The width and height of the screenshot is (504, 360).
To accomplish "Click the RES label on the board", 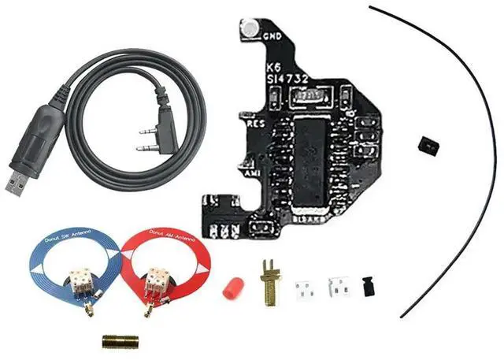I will point(255,124).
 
